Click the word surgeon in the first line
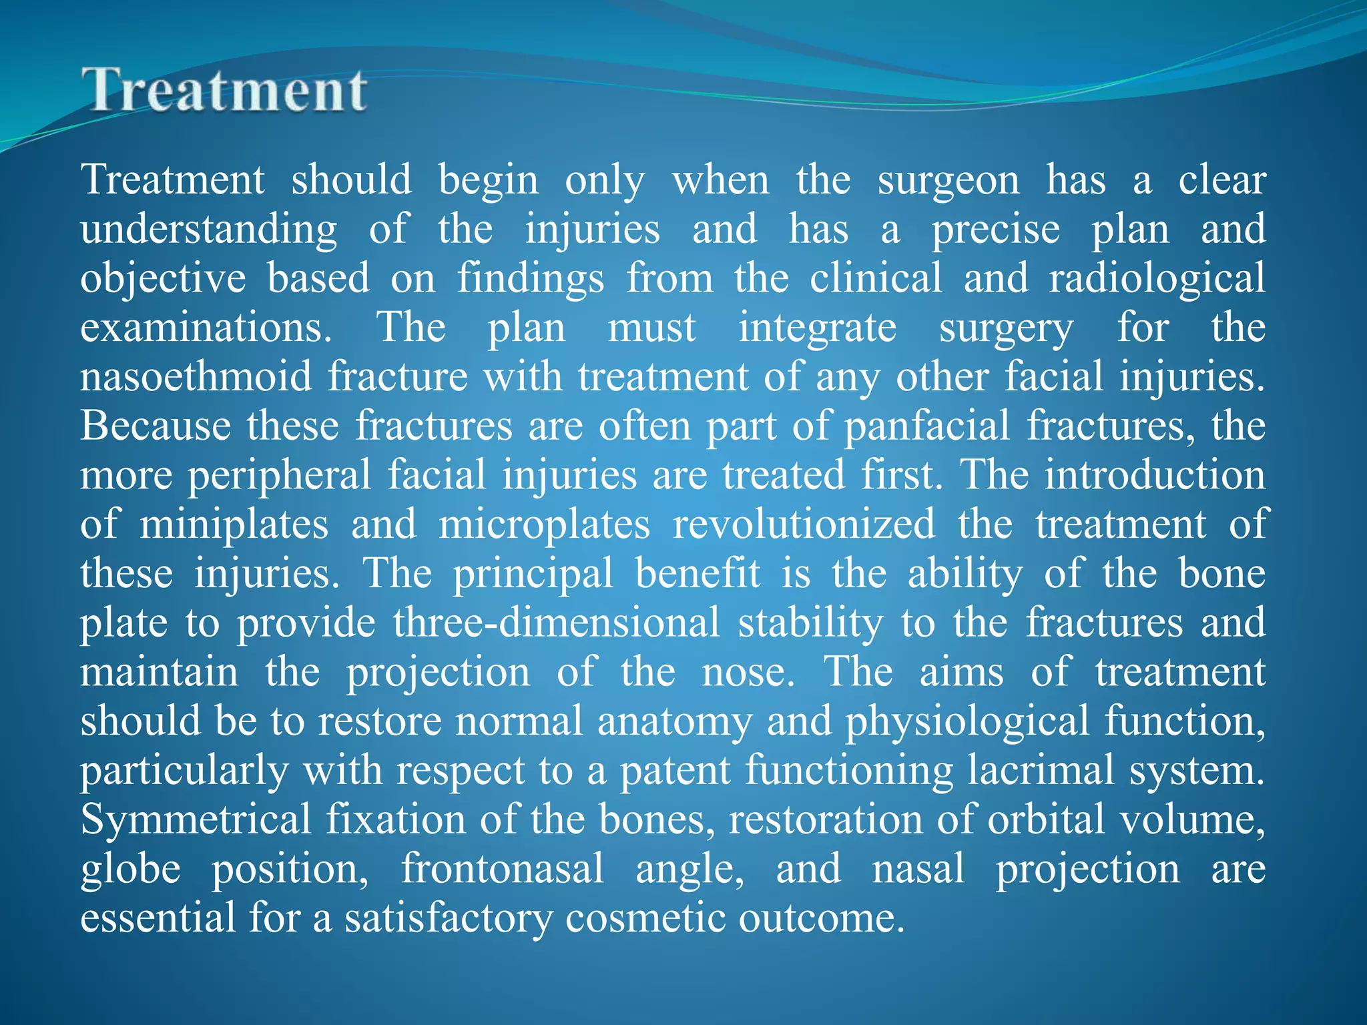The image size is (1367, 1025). (x=948, y=181)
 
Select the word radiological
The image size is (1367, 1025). (x=1157, y=279)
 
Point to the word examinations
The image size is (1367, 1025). (x=206, y=328)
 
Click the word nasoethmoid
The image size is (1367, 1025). (x=196, y=377)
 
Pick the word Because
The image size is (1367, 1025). (x=156, y=426)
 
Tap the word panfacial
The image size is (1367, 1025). (x=927, y=426)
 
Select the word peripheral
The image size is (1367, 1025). (x=278, y=476)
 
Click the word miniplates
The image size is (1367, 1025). (x=234, y=525)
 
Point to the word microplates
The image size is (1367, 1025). (x=544, y=525)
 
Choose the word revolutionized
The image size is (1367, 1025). (x=804, y=525)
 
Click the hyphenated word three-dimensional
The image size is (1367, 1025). (x=556, y=623)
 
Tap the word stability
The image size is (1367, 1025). (x=810, y=623)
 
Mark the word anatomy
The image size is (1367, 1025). (x=674, y=722)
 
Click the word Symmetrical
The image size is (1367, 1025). (x=196, y=819)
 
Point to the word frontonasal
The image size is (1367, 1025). (x=502, y=869)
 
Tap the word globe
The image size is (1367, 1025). (x=130, y=869)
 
